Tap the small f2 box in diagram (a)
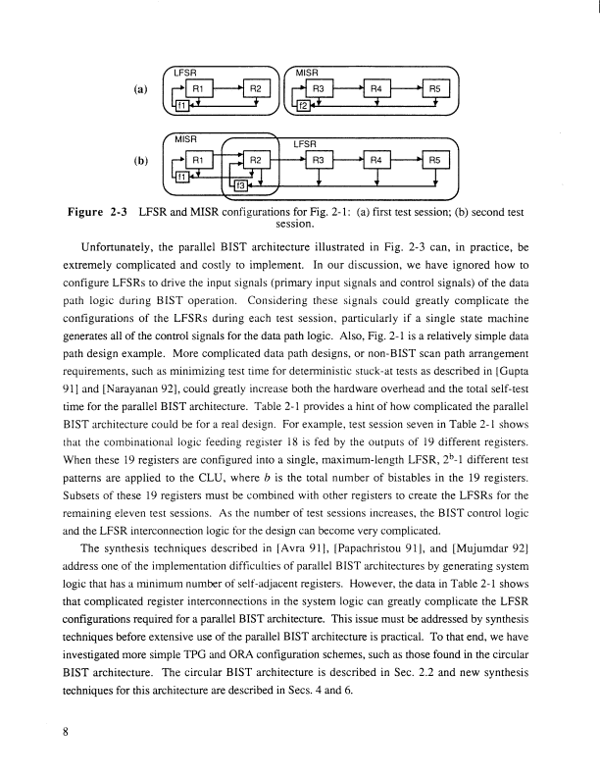pos(305,104)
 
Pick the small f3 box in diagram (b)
pos(239,183)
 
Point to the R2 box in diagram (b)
pos(254,159)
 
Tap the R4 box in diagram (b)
pos(376,159)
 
